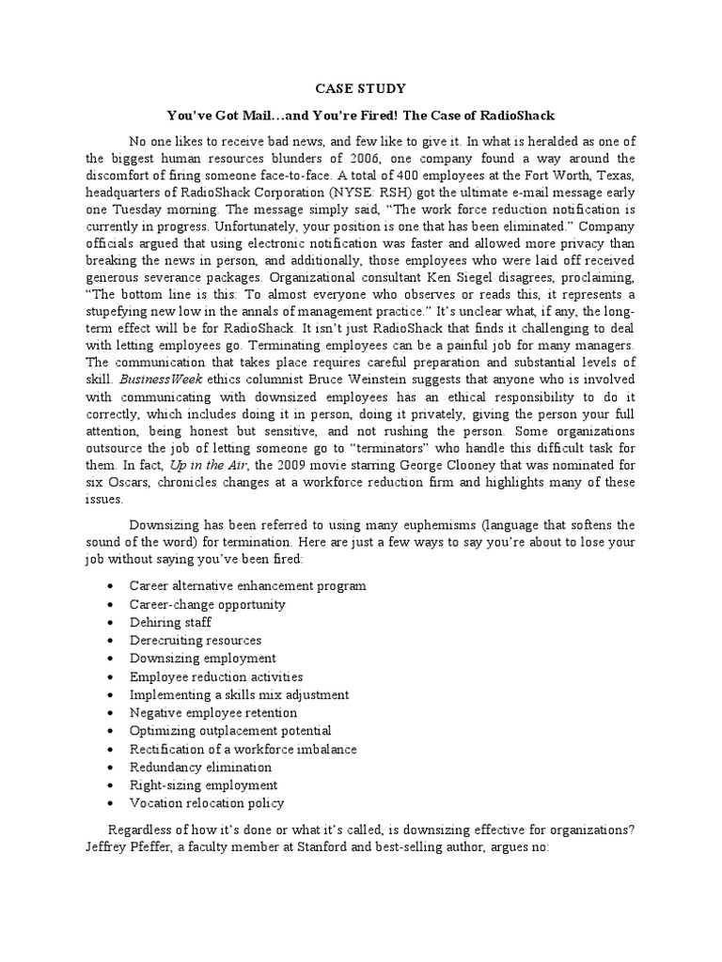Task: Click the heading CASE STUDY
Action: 360,88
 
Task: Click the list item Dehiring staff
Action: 170,622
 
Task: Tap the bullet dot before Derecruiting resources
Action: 112,640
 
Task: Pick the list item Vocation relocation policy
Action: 207,803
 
